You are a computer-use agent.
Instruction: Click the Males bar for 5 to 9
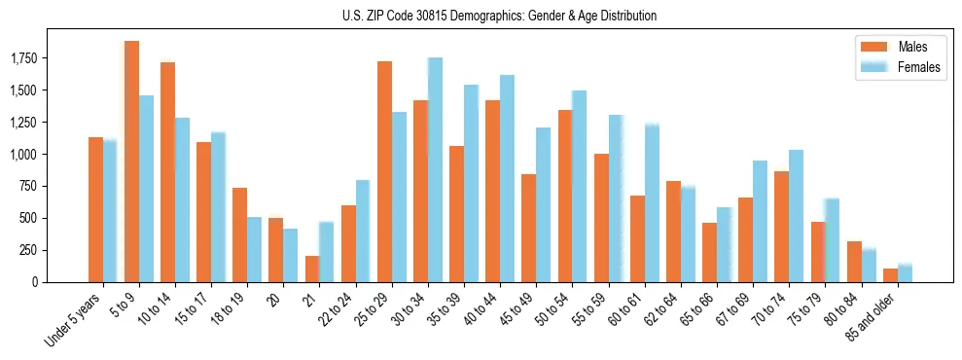pyautogui.click(x=131, y=162)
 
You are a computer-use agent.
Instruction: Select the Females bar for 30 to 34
pyautogui.click(x=435, y=169)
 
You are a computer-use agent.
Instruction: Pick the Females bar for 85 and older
pyautogui.click(x=905, y=273)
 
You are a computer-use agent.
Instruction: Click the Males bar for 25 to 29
pyautogui.click(x=384, y=171)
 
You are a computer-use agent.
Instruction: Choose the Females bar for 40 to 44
pyautogui.click(x=507, y=178)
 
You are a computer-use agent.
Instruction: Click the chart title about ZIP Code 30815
pyautogui.click(x=499, y=16)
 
